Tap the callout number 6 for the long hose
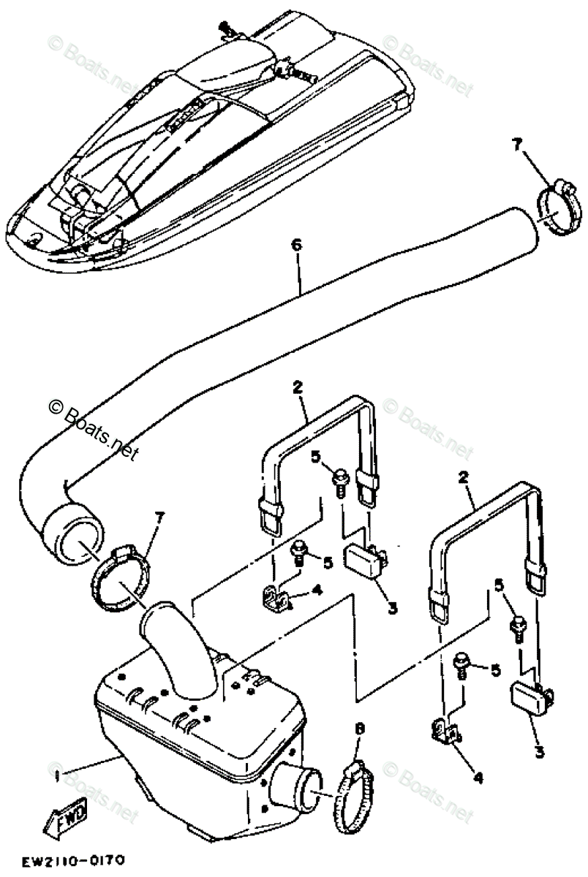(x=296, y=246)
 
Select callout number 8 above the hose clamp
(x=358, y=729)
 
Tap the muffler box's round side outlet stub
(x=294, y=787)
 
